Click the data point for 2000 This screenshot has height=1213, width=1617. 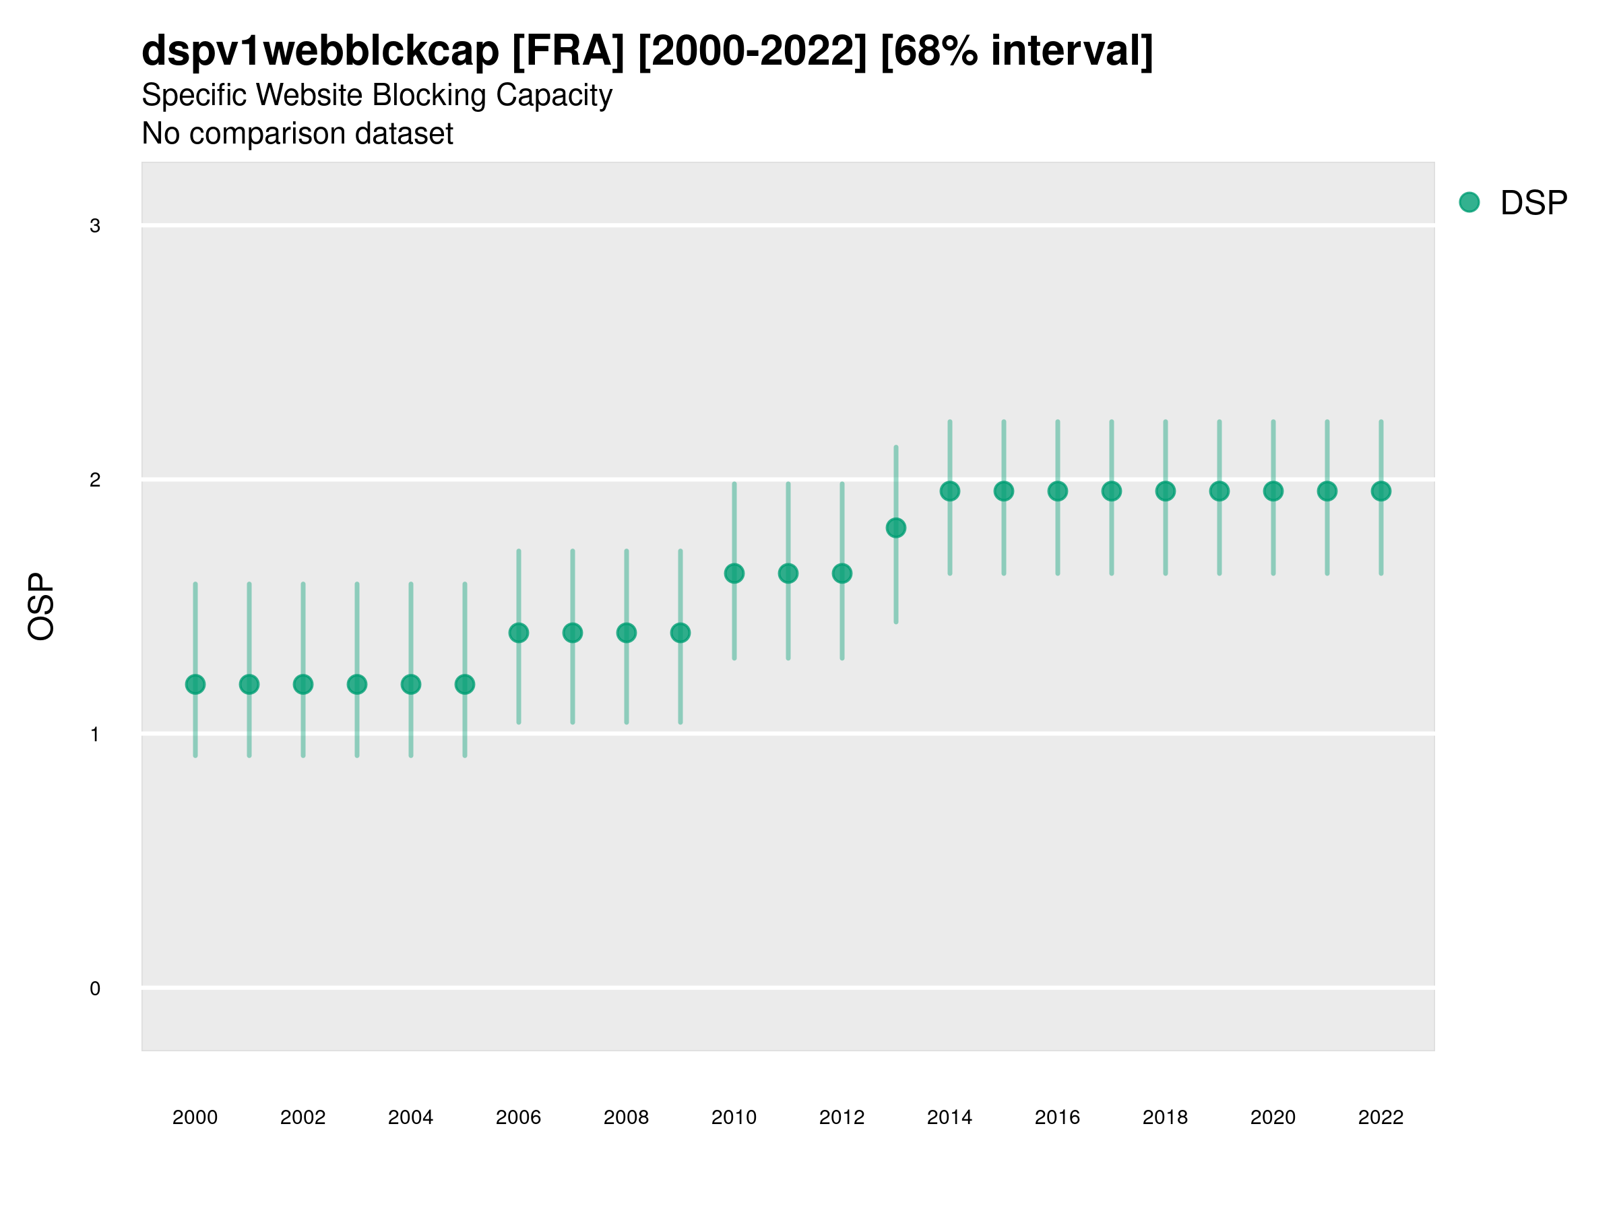click(x=195, y=685)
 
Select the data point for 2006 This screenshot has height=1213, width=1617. click(x=519, y=633)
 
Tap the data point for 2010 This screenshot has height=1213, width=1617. click(x=734, y=573)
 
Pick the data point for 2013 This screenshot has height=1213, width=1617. click(x=895, y=528)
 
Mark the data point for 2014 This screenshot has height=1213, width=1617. click(x=949, y=491)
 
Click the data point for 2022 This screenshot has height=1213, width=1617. click(x=1381, y=491)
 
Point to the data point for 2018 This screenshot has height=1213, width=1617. click(x=1165, y=491)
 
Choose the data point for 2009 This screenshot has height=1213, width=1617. click(x=680, y=633)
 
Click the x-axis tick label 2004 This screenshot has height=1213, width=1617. click(x=411, y=1117)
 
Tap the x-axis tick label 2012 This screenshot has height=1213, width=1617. click(x=842, y=1117)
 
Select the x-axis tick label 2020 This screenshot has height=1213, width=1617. click(x=1273, y=1117)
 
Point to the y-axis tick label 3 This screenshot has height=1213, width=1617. click(x=95, y=226)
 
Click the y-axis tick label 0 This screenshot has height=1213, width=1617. click(x=95, y=989)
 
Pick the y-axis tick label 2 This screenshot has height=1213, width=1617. click(x=95, y=480)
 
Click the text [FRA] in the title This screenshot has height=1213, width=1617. click(x=568, y=51)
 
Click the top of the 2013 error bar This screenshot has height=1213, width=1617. click(x=895, y=447)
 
